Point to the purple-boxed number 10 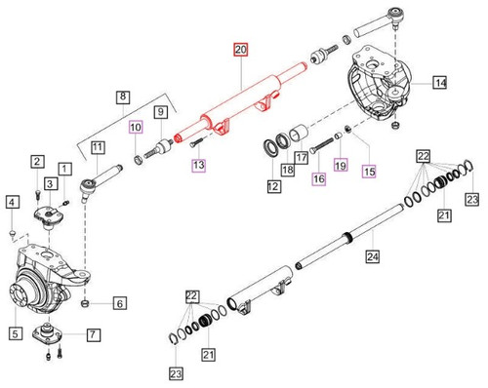137,128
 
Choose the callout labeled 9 160,115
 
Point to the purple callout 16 318,178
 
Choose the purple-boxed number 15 370,171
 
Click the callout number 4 11,202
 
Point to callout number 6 118,303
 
